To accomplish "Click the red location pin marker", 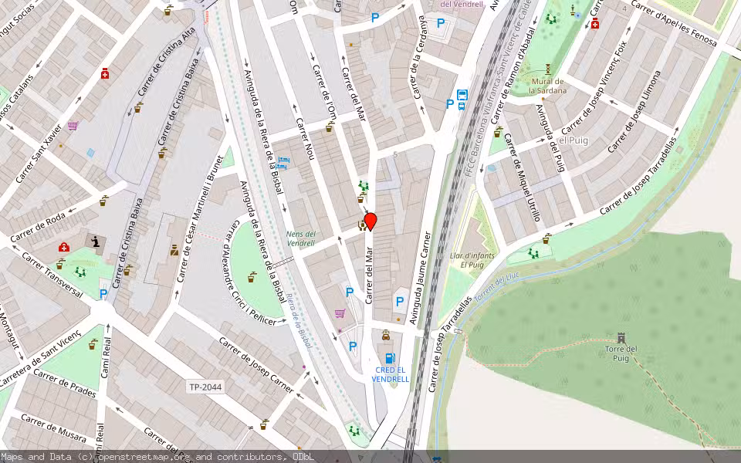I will click(370, 221).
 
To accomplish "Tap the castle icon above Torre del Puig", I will click(621, 338).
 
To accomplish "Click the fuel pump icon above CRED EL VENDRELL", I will click(390, 358).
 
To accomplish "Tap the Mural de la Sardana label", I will click(547, 86).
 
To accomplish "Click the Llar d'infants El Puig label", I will click(472, 259).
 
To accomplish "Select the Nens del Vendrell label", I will click(300, 238).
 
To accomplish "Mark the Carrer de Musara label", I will click(53, 429).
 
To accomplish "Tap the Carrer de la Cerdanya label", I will click(419, 69).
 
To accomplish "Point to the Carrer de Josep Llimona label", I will click(634, 111).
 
